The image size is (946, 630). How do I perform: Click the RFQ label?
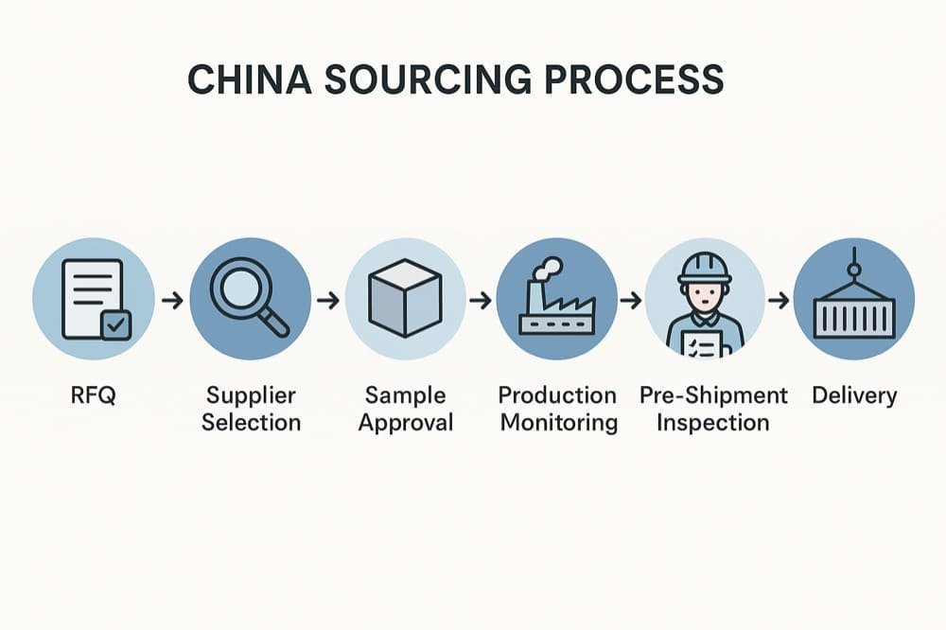coord(93,395)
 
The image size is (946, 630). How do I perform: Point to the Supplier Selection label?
coord(251,409)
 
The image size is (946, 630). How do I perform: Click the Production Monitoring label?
coord(558,409)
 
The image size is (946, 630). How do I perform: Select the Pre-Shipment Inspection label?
coord(713,409)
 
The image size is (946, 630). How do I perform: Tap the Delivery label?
coord(854,395)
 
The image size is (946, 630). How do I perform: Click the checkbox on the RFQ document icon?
coord(116,324)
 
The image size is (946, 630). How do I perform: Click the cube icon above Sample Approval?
coord(405,298)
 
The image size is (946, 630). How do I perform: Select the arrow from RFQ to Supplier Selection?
coord(172,301)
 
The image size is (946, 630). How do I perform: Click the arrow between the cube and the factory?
coord(482,301)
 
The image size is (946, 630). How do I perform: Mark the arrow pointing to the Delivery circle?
coord(779,301)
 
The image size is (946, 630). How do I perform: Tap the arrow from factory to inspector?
coord(630,301)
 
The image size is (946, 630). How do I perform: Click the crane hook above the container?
coord(854,268)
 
